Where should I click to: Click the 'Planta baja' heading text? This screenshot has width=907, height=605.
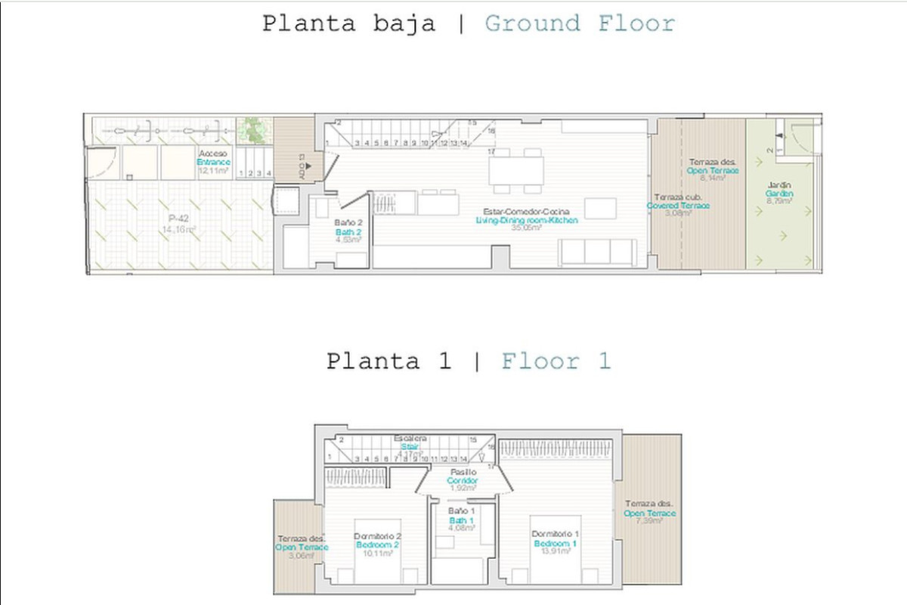(348, 23)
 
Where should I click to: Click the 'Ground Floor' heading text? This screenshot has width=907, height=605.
(579, 23)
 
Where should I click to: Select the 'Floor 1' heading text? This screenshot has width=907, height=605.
(556, 361)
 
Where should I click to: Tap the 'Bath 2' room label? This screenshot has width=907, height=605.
(348, 231)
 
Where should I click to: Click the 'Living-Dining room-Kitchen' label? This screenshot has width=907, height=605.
(527, 220)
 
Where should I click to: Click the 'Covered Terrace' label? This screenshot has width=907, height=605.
(678, 206)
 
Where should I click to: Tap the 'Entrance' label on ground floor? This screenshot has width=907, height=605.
(213, 162)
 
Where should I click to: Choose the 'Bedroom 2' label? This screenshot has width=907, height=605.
(378, 544)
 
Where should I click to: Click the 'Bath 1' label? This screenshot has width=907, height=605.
(461, 520)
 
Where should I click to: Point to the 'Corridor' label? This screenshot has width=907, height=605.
(462, 480)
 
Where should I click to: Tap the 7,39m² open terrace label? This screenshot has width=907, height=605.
(649, 521)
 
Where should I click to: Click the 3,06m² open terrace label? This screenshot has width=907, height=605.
(301, 555)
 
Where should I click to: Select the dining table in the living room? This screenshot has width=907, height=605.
(516, 170)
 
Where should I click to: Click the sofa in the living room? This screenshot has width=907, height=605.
(596, 252)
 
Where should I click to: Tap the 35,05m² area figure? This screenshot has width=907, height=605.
(526, 228)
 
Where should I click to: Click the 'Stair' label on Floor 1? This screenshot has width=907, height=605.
(410, 446)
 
